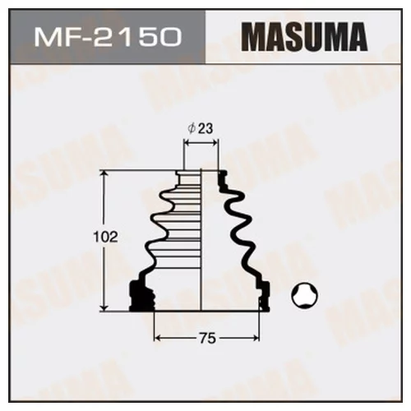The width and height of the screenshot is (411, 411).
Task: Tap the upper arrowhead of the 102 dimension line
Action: [104, 174]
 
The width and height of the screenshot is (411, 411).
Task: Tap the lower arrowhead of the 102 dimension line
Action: [104, 308]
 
